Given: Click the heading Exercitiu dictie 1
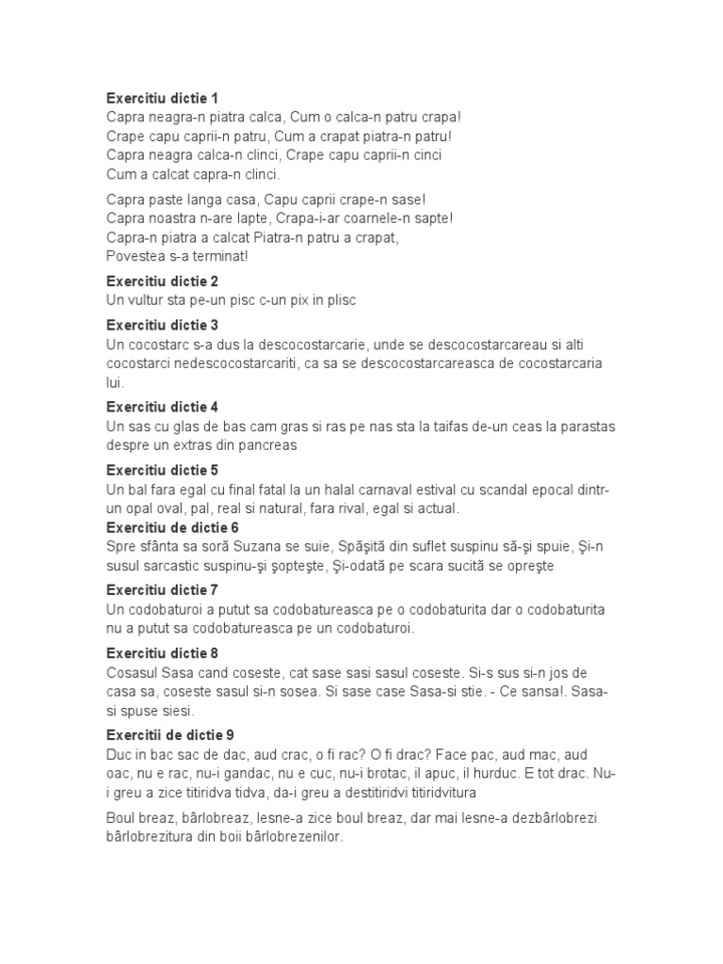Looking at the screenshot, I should click(x=162, y=98).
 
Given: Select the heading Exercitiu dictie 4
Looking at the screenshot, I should click(x=162, y=408).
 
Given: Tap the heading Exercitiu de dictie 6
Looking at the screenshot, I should click(x=172, y=527).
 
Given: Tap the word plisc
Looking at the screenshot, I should click(x=342, y=300).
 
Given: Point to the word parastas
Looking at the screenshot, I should click(x=584, y=426).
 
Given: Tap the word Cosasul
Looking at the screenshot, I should click(x=133, y=672).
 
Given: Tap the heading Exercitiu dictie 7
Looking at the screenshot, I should click(x=162, y=590).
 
